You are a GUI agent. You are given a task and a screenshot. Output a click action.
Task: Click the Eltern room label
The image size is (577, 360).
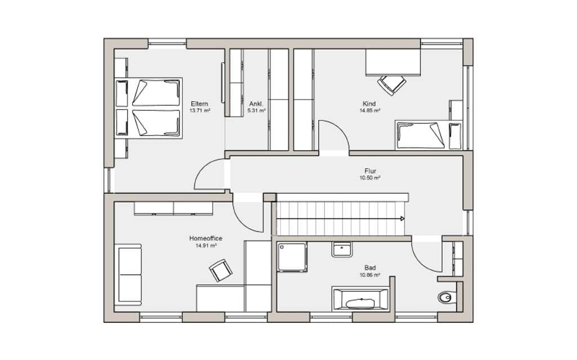pyautogui.click(x=199, y=104)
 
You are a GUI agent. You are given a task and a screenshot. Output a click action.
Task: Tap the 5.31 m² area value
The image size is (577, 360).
pyautogui.click(x=256, y=110)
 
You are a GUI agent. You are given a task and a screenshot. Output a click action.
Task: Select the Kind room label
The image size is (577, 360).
pyautogui.click(x=369, y=104)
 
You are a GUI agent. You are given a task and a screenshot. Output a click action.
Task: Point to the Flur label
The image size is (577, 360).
pyautogui.click(x=370, y=171)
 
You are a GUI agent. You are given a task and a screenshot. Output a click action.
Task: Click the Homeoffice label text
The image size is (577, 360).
pyautogui.click(x=206, y=238)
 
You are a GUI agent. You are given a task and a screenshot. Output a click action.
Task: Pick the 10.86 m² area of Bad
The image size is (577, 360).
pyautogui.click(x=370, y=275)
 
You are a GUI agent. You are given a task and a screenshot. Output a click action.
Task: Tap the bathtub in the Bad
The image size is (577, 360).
pyautogui.click(x=360, y=299)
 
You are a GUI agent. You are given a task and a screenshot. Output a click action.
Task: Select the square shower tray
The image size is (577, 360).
pyautogui.click(x=292, y=257)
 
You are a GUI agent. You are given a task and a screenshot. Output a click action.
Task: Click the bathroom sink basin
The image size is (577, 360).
pyautogui.click(x=342, y=249)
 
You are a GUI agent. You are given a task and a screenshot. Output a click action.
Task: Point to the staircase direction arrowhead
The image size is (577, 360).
pyautogui.click(x=402, y=219)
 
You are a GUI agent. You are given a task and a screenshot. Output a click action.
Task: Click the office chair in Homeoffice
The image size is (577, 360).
pyautogui.click(x=221, y=270)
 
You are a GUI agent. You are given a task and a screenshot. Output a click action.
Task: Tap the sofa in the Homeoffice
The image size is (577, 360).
pyautogui.click(x=128, y=274)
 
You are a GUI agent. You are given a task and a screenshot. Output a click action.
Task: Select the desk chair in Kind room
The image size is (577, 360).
pyautogui.click(x=392, y=85)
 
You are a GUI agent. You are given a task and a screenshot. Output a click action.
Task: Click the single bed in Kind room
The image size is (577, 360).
pyautogui.click(x=429, y=135)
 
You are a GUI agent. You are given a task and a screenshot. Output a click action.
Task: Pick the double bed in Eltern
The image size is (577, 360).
pyautogui.click(x=149, y=108)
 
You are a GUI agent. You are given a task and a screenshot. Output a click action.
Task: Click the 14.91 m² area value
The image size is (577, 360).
pyautogui.click(x=206, y=246)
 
